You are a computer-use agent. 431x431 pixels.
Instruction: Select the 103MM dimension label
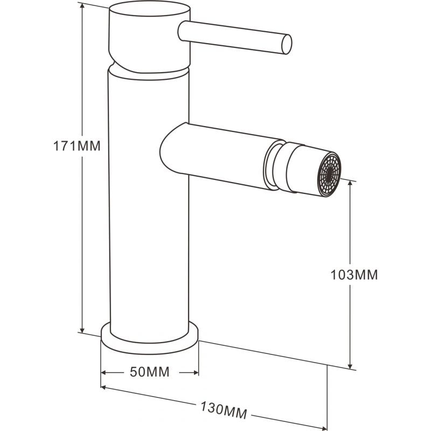click(x=354, y=275)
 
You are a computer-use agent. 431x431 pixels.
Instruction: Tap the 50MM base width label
click(x=150, y=372)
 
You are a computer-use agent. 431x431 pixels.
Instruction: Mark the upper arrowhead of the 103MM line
click(x=351, y=184)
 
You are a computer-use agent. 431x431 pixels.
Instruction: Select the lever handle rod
click(x=232, y=35)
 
